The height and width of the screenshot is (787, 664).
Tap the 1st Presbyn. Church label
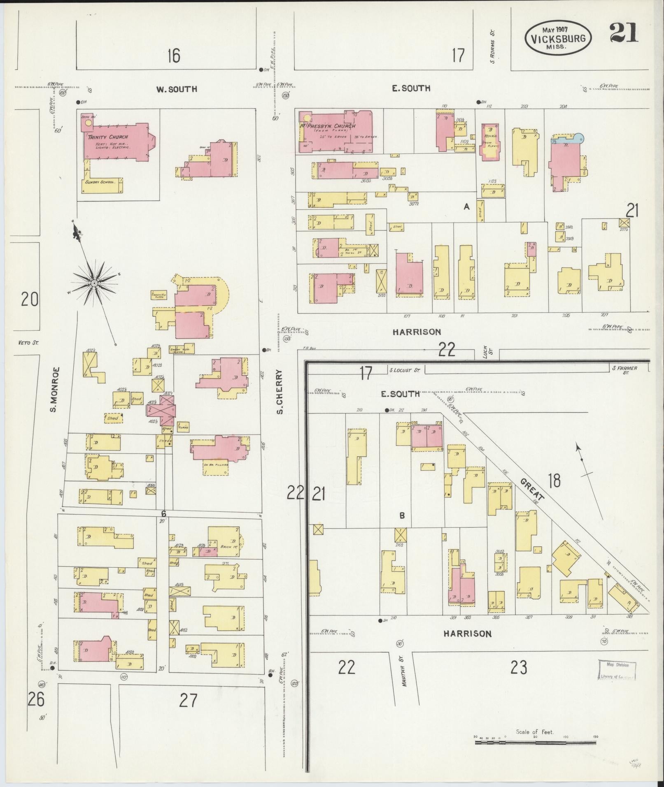[328, 126]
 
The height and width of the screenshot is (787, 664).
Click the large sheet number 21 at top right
[624, 33]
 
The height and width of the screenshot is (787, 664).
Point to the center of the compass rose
[94, 283]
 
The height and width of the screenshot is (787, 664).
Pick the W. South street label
[176, 89]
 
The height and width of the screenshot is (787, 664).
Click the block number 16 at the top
[174, 55]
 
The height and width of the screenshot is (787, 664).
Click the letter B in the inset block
[402, 515]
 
